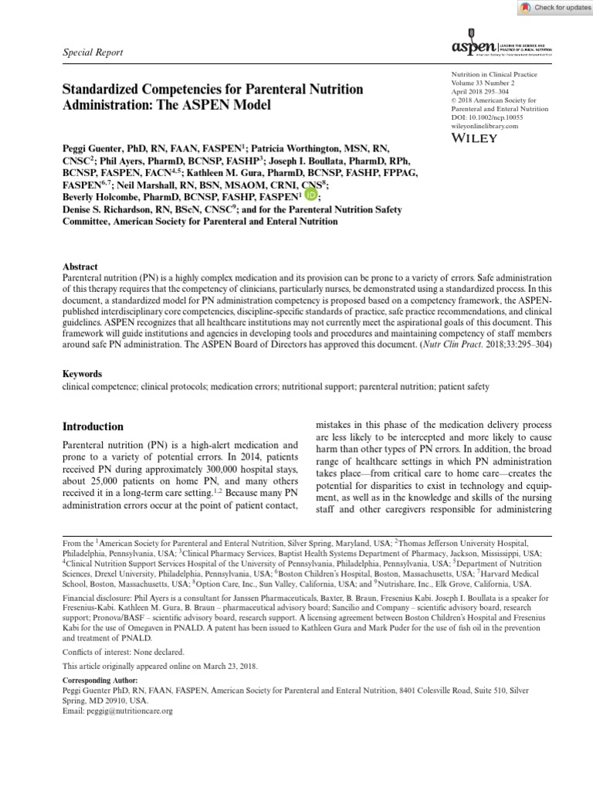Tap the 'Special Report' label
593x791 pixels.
92,52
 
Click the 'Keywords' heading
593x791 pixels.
83,373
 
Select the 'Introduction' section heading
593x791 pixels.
93,426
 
